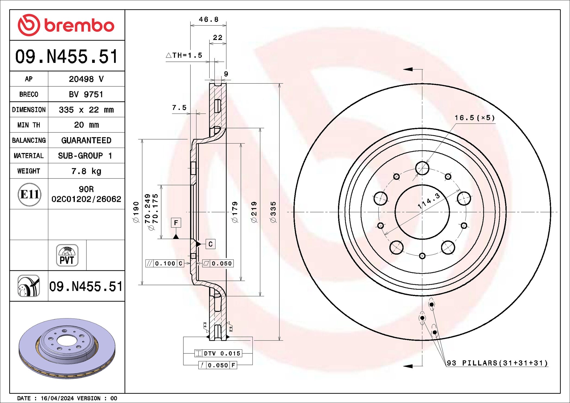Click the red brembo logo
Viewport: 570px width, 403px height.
coord(66,25)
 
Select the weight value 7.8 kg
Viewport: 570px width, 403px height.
coord(86,171)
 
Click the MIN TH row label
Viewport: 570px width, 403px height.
coord(29,125)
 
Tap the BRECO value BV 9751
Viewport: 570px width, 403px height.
coord(86,94)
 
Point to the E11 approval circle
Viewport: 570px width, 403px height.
coord(29,194)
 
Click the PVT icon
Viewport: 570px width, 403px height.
coord(67,255)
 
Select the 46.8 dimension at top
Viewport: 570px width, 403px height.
coord(208,19)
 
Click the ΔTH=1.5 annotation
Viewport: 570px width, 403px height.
coord(184,55)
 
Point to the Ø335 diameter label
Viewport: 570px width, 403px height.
coord(273,212)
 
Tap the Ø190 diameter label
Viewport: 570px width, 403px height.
coord(136,212)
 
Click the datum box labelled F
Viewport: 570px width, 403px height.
coord(176,223)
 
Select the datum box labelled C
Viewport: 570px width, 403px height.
coord(210,244)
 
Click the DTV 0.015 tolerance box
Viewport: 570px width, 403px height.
coord(218,353)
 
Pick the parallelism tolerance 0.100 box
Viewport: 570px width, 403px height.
coord(165,263)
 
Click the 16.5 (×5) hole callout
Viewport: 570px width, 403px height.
coord(474,118)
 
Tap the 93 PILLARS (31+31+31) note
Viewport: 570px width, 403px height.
coord(497,363)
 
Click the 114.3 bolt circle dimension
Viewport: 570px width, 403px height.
coord(429,201)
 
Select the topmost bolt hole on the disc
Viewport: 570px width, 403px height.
coord(422,168)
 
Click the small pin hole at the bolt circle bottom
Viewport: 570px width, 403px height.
coord(422,256)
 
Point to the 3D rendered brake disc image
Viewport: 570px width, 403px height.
coord(67,348)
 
